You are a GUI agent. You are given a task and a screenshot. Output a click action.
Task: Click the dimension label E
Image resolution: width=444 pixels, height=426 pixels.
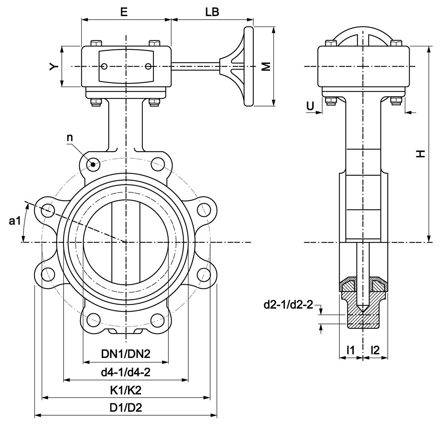tap(124, 12)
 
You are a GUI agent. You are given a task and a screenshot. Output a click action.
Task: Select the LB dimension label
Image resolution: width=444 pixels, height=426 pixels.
tap(212, 12)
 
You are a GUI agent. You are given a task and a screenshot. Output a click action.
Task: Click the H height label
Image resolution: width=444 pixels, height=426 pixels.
tap(420, 154)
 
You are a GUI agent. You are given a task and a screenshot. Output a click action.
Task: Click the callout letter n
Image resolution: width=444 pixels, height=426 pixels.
tap(70, 138)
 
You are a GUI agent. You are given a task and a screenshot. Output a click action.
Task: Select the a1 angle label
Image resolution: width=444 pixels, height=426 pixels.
tap(14, 221)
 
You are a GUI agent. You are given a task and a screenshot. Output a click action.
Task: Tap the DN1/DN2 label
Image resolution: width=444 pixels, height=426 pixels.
tap(126, 354)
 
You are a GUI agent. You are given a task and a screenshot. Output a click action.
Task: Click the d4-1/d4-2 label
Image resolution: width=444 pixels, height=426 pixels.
tap(126, 372)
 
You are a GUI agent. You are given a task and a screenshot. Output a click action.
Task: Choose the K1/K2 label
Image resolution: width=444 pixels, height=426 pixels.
tap(126, 390)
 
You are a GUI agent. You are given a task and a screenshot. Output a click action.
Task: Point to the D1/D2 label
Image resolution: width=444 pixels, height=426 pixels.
tap(126, 408)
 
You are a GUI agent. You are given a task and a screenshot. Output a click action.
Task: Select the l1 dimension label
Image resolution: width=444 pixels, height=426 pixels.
tap(350, 349)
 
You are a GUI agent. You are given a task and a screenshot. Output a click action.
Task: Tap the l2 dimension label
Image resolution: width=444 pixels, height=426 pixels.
tap(375, 349)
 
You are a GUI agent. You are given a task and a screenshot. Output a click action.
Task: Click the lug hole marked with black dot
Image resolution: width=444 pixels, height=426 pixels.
tap(92, 164)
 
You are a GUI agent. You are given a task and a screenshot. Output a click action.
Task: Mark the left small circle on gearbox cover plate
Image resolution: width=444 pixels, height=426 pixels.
tap(105, 67)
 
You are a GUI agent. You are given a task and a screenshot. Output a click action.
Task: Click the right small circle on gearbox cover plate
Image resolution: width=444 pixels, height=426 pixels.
tap(148, 67)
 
